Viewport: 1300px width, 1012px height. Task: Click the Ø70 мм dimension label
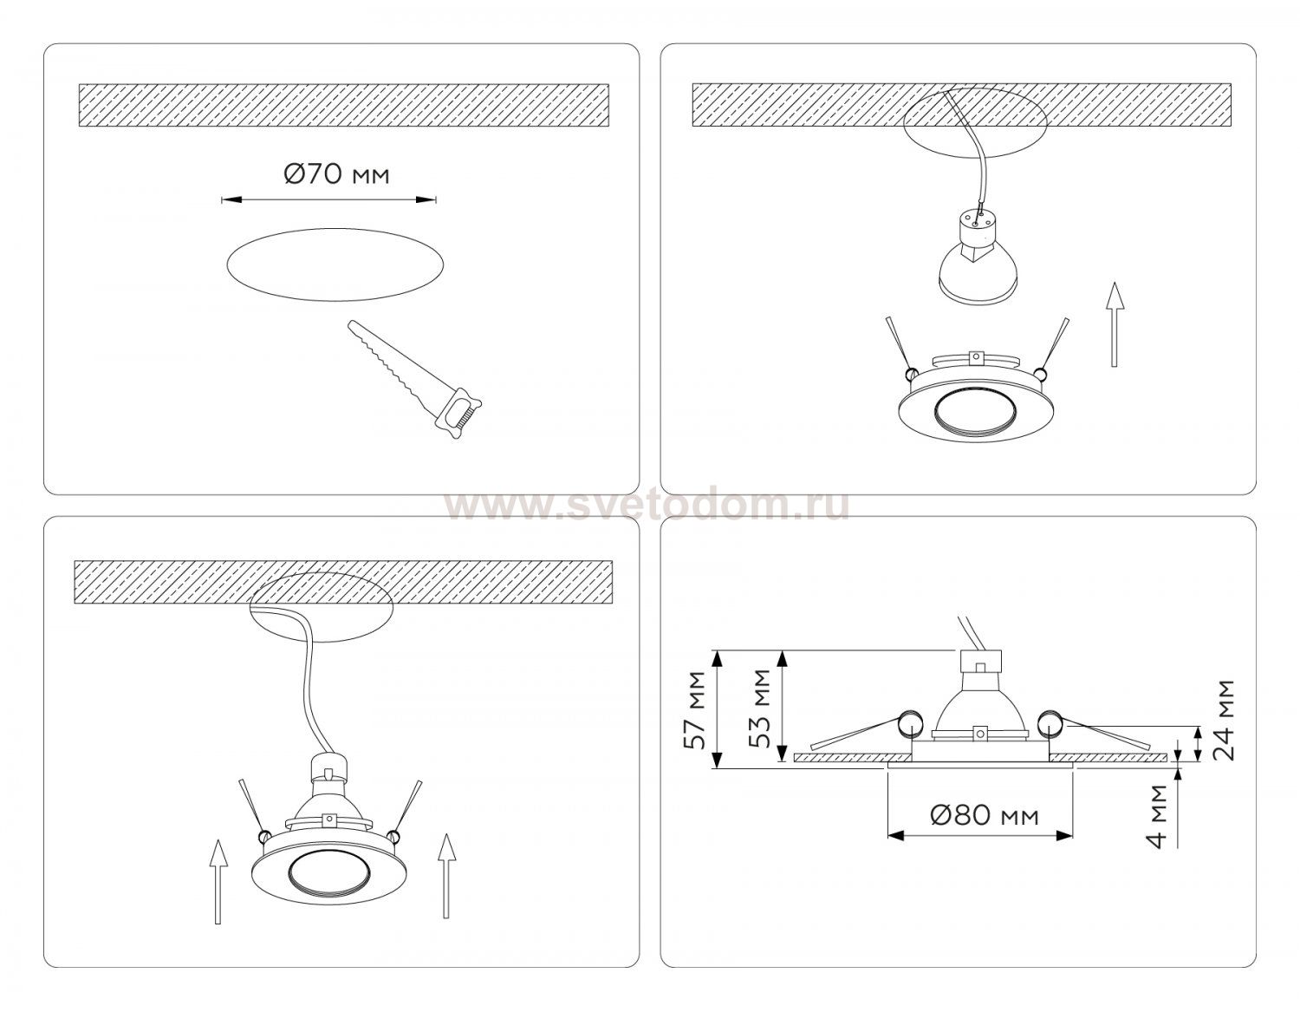click(x=336, y=175)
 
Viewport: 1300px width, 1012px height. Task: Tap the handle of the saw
click(x=460, y=413)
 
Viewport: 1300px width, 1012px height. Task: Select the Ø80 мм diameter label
click(x=985, y=814)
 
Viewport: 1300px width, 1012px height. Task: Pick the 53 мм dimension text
click(x=760, y=708)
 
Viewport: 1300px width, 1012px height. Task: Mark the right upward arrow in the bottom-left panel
click(x=445, y=876)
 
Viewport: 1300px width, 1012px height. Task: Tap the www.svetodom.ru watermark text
click(x=647, y=506)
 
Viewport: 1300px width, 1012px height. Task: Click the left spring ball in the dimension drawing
click(x=910, y=723)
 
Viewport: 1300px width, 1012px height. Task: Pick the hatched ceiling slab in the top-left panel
click(x=344, y=105)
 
